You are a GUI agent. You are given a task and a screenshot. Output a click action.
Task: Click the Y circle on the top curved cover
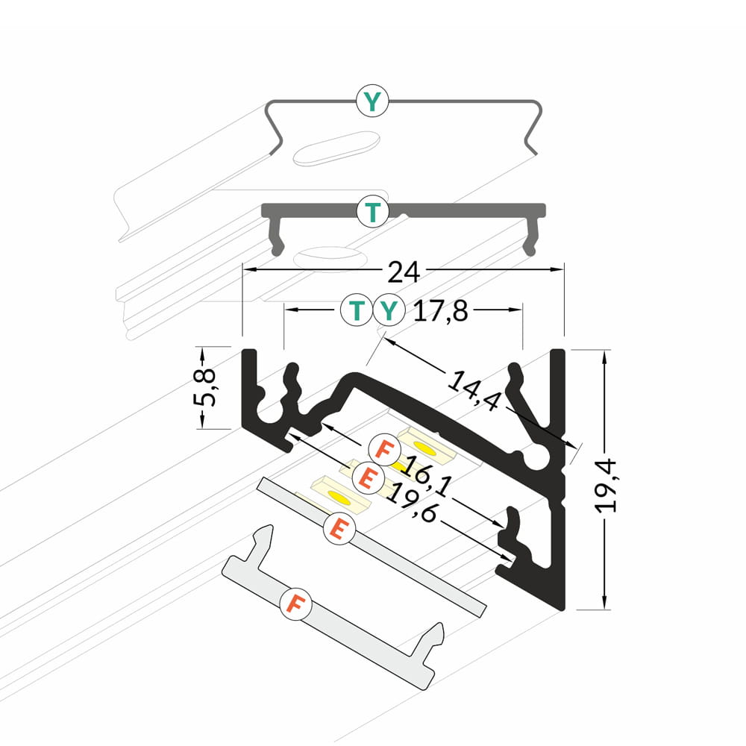pyautogui.click(x=372, y=101)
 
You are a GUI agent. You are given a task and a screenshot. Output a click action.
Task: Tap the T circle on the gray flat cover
pyautogui.click(x=372, y=211)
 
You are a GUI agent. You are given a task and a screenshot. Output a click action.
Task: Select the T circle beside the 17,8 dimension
pyautogui.click(x=357, y=310)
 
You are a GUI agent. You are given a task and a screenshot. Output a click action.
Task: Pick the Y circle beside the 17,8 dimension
pyautogui.click(x=389, y=310)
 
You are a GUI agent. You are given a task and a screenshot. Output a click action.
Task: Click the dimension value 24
pyautogui.click(x=404, y=272)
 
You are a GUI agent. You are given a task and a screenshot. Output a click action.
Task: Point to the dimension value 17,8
pyautogui.click(x=441, y=312)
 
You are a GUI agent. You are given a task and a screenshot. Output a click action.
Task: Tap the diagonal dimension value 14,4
pyautogui.click(x=474, y=391)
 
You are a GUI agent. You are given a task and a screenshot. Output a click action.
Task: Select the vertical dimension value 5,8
pyautogui.click(x=204, y=387)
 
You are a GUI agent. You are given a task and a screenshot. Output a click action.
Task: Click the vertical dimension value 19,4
pyautogui.click(x=606, y=486)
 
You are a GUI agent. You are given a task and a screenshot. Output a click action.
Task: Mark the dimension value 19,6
pyautogui.click(x=411, y=501)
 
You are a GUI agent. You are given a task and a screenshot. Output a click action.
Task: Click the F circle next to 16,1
pyautogui.click(x=384, y=450)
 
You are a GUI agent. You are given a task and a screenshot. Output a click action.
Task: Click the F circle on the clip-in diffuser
pyautogui.click(x=296, y=604)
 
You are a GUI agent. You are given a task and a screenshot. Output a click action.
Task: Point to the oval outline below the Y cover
pyautogui.click(x=336, y=148)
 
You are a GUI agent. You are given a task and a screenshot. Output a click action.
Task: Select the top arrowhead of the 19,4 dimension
pyautogui.click(x=605, y=357)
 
